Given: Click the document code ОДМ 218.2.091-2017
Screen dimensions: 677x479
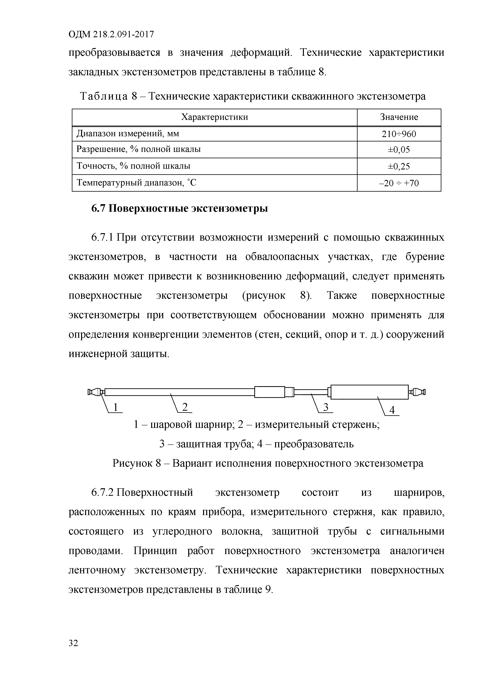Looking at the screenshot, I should click(111, 35).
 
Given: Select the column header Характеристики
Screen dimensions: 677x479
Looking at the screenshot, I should click(214, 117).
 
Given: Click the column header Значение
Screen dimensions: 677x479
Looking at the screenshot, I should click(399, 117).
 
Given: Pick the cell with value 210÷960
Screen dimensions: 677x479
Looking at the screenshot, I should click(399, 134).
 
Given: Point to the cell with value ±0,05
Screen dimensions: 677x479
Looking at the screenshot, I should click(399, 150).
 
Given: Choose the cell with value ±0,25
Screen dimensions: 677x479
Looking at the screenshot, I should click(399, 167).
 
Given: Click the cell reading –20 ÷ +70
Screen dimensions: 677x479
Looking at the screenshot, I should click(399, 183).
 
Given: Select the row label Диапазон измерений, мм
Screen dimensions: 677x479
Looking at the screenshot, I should click(128, 134).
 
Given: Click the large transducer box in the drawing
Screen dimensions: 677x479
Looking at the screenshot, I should click(370, 392).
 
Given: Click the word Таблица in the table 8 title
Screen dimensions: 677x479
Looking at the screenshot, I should click(104, 96).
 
